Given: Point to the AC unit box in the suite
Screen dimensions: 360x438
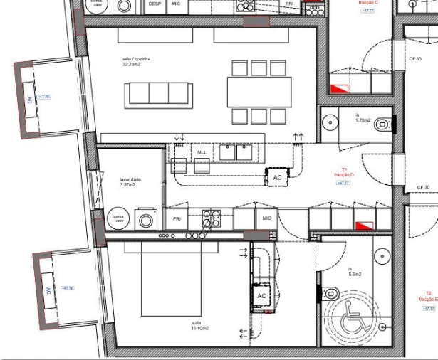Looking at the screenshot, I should pos(261,295).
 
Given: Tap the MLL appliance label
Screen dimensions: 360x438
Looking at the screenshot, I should pos(202,152).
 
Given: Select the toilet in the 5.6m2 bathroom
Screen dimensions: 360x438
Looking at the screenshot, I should pos(331,293).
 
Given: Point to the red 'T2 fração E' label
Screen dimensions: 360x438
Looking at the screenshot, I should pos(428,296).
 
